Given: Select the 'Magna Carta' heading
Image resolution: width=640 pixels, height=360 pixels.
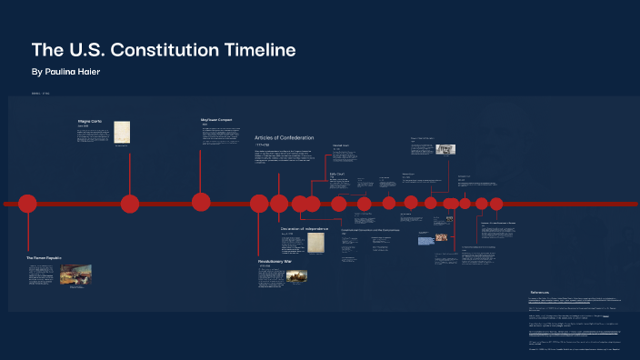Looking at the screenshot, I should point(91,121).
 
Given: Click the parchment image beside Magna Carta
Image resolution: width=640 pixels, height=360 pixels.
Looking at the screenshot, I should point(122,131).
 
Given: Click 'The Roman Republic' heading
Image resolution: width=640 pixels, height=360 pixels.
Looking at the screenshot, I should point(43,258).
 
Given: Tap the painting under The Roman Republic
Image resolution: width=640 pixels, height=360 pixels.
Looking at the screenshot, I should point(76,275).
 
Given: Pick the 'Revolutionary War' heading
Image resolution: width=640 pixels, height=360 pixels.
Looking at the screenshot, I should point(275,261).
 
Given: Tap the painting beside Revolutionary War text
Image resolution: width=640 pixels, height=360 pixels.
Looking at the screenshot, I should point(297,275).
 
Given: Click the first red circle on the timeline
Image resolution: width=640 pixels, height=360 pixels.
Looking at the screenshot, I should point(27,204).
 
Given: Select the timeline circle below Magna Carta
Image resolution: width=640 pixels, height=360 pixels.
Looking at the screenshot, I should point(130,204).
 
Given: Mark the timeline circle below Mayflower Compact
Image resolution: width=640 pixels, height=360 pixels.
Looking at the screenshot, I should point(201,202).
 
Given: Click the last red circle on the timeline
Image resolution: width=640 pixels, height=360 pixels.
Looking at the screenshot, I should point(496,204).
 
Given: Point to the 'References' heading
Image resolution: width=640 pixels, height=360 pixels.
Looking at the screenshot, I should point(542,292).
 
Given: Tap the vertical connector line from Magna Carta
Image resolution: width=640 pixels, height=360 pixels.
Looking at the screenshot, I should point(130,173).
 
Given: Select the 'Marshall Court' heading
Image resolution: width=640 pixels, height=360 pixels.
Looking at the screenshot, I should point(341,145).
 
